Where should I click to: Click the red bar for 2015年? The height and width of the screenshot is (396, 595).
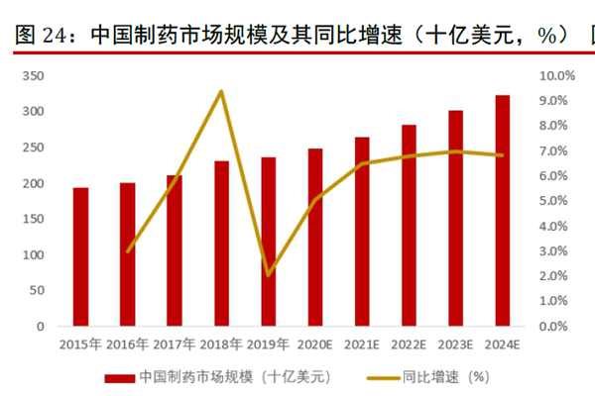click(x=80, y=256)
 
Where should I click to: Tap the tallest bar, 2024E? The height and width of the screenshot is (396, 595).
click(x=503, y=210)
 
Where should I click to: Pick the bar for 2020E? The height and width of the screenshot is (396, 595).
click(x=315, y=237)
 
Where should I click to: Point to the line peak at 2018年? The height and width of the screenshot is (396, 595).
click(x=221, y=92)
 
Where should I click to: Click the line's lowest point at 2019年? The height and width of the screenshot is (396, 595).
click(x=268, y=274)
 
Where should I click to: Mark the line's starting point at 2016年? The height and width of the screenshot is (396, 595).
click(x=128, y=250)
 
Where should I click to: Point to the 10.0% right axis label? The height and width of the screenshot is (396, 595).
click(x=556, y=76)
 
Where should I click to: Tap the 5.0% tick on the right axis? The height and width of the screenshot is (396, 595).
click(x=556, y=201)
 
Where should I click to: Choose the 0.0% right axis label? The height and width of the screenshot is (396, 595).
click(x=556, y=326)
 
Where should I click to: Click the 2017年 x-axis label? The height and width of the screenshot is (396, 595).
click(x=174, y=345)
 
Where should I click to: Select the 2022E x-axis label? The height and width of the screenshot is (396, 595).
click(x=408, y=345)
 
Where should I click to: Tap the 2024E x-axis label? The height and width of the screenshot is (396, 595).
click(x=502, y=345)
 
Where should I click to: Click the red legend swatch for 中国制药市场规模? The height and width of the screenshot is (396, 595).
click(x=117, y=377)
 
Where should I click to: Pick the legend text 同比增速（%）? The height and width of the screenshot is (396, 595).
click(x=446, y=377)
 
